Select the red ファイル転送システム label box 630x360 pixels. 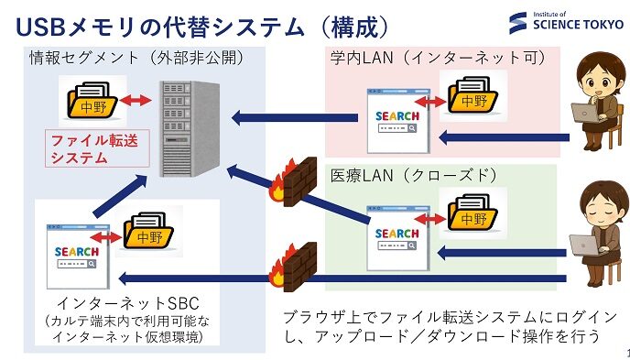84,147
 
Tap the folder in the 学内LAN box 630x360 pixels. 472,94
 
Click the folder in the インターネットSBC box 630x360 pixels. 149,236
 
